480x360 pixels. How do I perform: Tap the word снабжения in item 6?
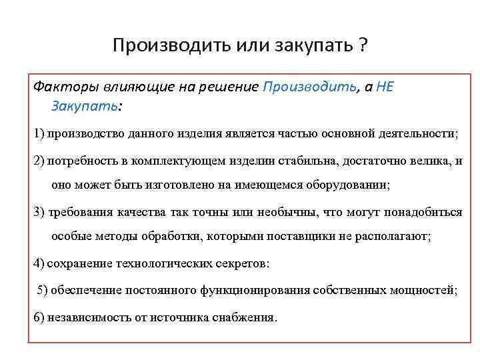click(241, 317)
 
